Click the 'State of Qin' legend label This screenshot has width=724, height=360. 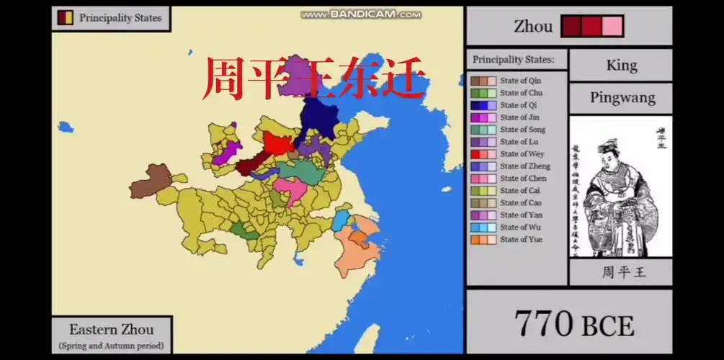[520, 81]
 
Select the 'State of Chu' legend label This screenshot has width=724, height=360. [521, 93]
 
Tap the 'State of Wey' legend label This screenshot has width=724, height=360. [522, 154]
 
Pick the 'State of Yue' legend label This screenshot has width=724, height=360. [521, 240]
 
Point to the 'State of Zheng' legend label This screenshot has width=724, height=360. [524, 166]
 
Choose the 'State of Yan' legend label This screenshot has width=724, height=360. [521, 215]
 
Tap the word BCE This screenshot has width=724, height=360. [608, 326]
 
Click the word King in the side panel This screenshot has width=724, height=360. [621, 66]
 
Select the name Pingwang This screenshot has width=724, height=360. [621, 98]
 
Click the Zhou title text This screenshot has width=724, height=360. [533, 27]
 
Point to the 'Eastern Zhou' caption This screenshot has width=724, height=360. [111, 330]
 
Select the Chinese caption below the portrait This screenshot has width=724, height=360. [620, 272]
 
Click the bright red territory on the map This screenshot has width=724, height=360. [277, 143]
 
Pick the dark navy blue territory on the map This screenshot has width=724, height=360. [318, 118]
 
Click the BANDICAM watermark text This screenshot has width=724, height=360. [360, 14]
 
